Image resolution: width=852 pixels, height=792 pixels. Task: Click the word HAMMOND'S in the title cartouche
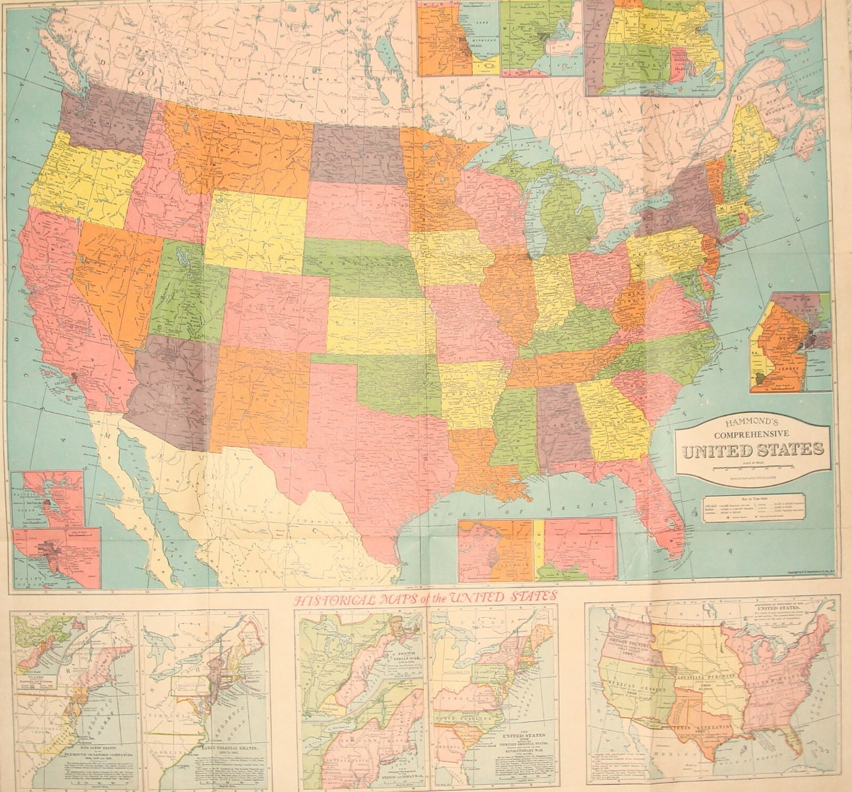pos(753,422)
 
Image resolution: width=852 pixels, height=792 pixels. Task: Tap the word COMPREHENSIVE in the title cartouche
pos(753,435)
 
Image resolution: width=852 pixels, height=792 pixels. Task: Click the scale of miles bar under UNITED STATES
pos(753,467)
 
